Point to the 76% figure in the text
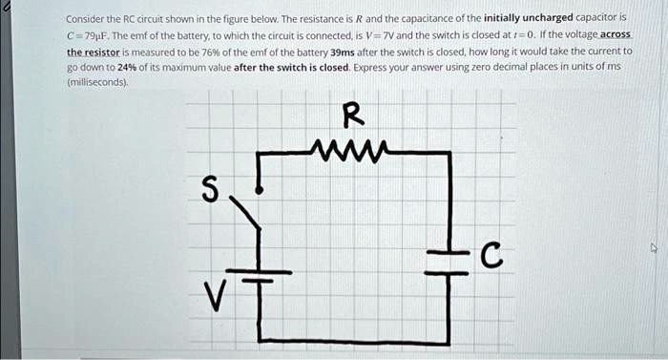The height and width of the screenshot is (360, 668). [x=221, y=52]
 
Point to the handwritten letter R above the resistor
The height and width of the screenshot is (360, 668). [x=353, y=116]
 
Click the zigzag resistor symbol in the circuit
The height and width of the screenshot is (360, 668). [x=352, y=149]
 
